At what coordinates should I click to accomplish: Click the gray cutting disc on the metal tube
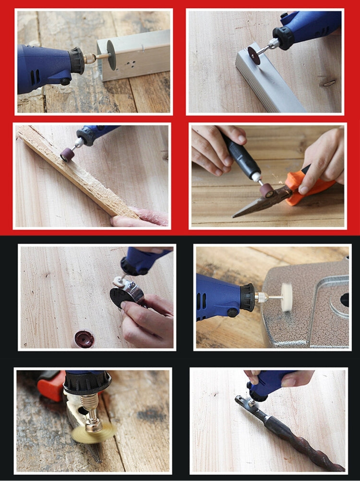click(x=111, y=55)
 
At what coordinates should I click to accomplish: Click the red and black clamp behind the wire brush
click(x=50, y=384)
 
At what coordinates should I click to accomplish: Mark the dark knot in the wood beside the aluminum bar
click(x=329, y=83)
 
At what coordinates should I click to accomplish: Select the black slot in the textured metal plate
click(x=345, y=299)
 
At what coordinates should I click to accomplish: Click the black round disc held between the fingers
click(x=120, y=297)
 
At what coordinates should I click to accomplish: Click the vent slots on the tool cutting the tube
click(x=34, y=77)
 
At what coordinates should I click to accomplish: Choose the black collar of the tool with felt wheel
click(x=247, y=297)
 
